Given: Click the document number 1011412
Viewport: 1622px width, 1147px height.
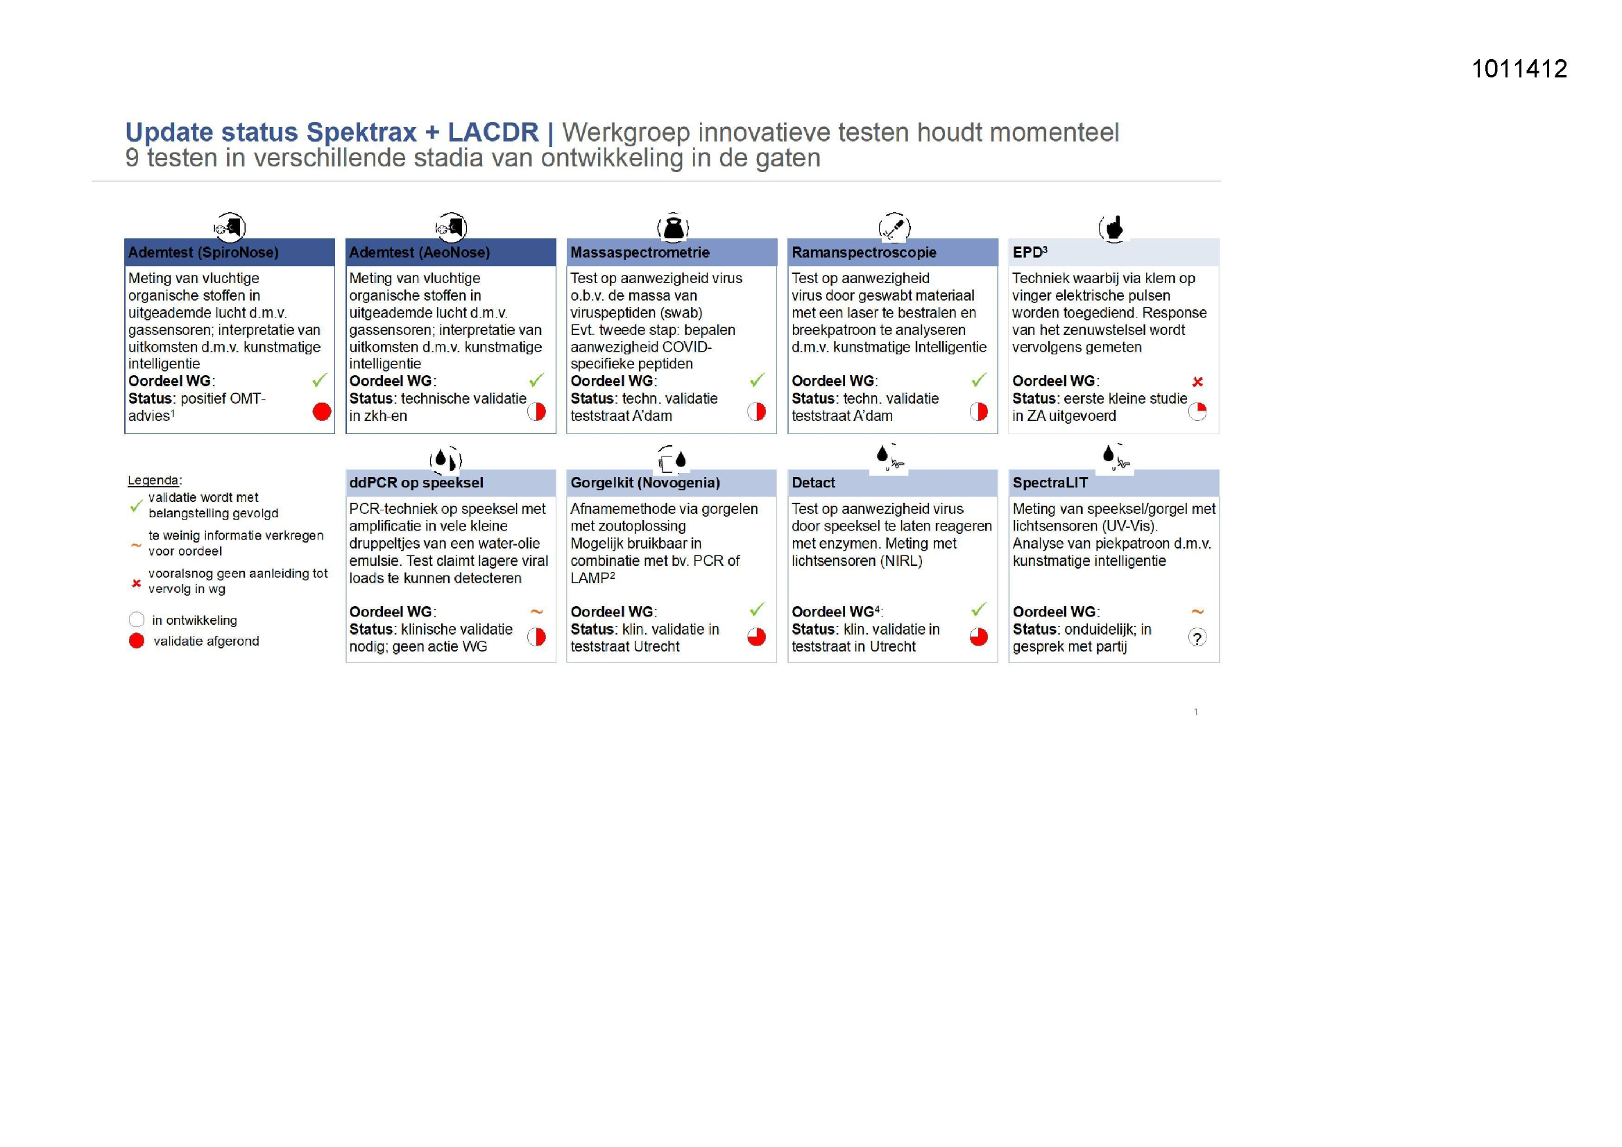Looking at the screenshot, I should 1519,69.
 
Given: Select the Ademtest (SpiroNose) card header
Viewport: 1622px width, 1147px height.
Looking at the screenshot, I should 203,252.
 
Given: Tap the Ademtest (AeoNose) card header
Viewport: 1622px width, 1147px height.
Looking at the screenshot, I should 419,252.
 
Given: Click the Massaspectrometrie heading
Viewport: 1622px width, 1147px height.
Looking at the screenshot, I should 640,252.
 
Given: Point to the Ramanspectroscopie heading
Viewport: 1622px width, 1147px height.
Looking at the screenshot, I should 863,252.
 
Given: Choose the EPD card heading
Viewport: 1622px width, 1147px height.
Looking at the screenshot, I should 1030,252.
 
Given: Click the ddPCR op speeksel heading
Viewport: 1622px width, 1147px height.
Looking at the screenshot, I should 416,483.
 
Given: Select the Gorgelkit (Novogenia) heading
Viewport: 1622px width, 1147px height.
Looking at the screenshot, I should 645,483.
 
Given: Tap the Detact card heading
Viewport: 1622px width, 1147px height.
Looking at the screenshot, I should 813,483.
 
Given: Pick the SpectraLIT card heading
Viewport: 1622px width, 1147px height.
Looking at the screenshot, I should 1050,483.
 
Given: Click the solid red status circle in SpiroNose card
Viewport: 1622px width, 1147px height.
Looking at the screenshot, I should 321,412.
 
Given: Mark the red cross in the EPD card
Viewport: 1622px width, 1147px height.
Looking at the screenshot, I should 1197,382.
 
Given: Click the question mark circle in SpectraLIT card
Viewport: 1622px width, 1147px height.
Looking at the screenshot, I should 1197,638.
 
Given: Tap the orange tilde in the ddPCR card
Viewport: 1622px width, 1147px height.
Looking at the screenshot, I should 536,612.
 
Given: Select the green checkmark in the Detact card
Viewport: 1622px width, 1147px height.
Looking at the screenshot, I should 978,609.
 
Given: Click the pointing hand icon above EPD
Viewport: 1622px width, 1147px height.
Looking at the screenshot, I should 1114,227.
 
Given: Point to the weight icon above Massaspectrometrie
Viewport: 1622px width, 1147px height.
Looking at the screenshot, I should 673,227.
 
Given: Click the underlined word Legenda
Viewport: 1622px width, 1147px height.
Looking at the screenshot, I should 153,481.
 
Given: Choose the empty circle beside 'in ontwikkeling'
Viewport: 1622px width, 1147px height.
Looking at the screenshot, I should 137,619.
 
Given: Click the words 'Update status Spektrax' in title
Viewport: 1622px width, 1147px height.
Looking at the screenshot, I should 271,132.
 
